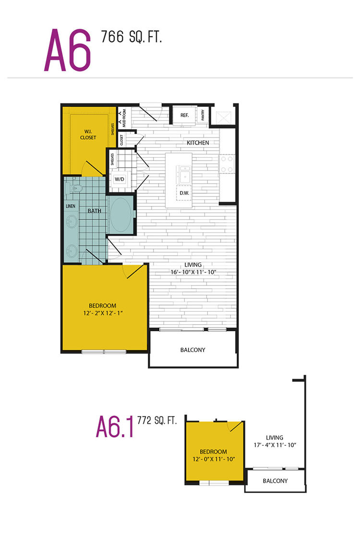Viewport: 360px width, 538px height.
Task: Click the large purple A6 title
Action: pos(68,50)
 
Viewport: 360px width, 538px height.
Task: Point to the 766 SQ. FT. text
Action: pos(132,37)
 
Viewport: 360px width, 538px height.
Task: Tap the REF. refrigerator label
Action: pos(184,115)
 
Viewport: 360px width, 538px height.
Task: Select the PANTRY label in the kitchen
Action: pos(203,115)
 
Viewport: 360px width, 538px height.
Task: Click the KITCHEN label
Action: pos(198,142)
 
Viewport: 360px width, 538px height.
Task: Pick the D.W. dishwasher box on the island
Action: pos(184,193)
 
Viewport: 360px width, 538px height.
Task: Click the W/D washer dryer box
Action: pos(120,180)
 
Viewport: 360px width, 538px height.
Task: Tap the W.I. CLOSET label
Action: pos(88,134)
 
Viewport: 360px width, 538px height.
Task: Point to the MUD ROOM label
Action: pos(124,118)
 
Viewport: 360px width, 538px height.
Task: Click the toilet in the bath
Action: pos(74,188)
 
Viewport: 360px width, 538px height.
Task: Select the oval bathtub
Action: pos(120,214)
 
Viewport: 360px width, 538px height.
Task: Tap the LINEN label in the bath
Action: pos(71,206)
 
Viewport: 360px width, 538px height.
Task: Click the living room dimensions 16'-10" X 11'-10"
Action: pos(193,272)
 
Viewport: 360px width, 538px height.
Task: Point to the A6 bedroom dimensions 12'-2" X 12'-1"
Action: pos(103,313)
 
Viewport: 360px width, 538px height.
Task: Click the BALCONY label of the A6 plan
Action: pos(192,350)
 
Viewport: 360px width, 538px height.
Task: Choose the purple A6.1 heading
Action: pos(115,427)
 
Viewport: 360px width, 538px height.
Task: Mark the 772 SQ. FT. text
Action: pos(156,420)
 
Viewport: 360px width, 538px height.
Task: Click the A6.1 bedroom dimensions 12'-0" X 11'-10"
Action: pos(214,459)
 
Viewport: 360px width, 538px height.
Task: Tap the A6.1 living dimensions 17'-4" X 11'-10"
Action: pos(275,445)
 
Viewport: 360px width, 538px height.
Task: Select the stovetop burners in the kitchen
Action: pos(227,164)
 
